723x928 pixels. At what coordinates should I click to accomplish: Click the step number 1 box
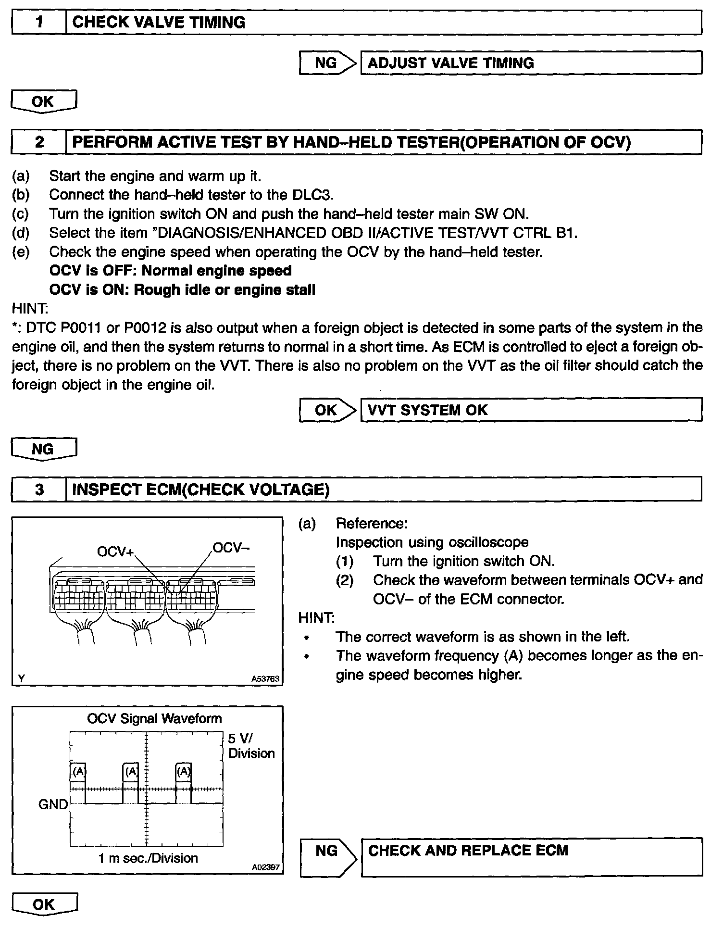pyautogui.click(x=39, y=23)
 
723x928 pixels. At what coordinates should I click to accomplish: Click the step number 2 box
pyautogui.click(x=39, y=142)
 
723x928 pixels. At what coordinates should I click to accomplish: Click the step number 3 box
pyautogui.click(x=39, y=489)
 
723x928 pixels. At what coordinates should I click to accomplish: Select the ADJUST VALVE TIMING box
pyautogui.click(x=531, y=63)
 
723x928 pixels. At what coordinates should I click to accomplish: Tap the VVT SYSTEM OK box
pyautogui.click(x=531, y=410)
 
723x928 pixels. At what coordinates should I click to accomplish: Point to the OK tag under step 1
pyautogui.click(x=44, y=101)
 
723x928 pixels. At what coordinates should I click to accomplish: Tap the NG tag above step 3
pyautogui.click(x=44, y=449)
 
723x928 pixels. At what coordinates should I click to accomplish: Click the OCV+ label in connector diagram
pyautogui.click(x=115, y=552)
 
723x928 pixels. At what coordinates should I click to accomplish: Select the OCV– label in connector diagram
pyautogui.click(x=231, y=548)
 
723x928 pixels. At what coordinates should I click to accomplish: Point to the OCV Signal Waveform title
pyautogui.click(x=154, y=718)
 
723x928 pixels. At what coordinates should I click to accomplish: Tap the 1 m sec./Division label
pyautogui.click(x=148, y=858)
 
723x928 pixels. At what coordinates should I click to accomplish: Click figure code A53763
pyautogui.click(x=265, y=679)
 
